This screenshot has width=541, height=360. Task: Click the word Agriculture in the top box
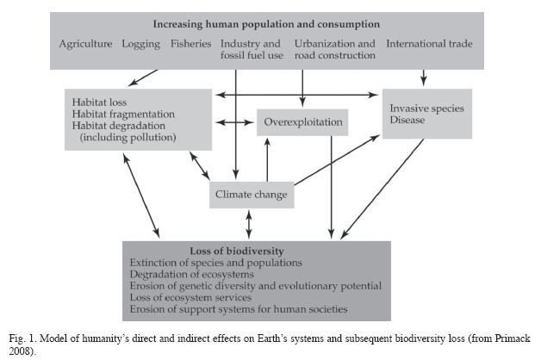pos(85,44)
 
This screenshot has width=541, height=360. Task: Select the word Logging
pos(140,44)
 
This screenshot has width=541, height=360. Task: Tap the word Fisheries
pos(190,43)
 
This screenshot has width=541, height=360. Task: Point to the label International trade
pos(429,43)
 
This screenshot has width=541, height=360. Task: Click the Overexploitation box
pos(302,122)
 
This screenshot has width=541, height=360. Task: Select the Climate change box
pos(252,195)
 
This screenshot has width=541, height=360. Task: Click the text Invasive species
pos(426,109)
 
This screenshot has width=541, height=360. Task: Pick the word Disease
pos(407,120)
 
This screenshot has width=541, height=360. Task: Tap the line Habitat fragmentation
pos(123,115)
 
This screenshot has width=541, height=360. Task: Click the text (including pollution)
pos(128,137)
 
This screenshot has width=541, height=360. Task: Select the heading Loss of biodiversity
pos(237,251)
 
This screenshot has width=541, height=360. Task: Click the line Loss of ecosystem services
pos(190,297)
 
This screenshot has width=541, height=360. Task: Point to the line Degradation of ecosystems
pos(192,274)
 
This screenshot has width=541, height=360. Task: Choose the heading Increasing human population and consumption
pos(266,24)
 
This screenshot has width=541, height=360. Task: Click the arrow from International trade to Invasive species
pos(424,78)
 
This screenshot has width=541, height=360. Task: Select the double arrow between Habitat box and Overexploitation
pos(234,122)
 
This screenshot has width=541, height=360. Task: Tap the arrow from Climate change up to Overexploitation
pos(267,159)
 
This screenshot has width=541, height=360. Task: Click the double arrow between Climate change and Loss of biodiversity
pos(249,225)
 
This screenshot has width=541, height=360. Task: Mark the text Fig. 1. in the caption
pos(22,338)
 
